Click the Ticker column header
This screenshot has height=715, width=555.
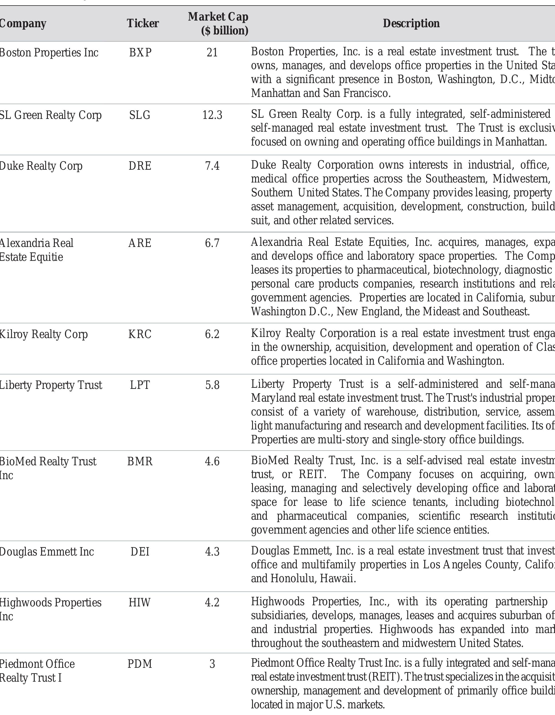click(143, 23)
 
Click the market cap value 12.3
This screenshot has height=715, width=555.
click(212, 115)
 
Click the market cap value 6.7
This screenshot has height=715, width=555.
click(212, 243)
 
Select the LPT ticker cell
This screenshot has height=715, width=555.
click(140, 385)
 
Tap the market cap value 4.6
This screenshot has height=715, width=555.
click(212, 461)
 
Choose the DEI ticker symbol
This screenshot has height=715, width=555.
click(140, 552)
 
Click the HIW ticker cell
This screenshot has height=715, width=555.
click(140, 602)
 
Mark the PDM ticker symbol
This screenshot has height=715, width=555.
click(140, 664)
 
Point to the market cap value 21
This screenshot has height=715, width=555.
click(212, 52)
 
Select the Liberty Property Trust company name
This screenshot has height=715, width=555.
click(51, 385)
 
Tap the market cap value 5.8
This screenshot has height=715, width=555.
click(212, 385)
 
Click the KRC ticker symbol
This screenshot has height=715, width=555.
click(140, 334)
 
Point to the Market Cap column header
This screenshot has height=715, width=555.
click(218, 23)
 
